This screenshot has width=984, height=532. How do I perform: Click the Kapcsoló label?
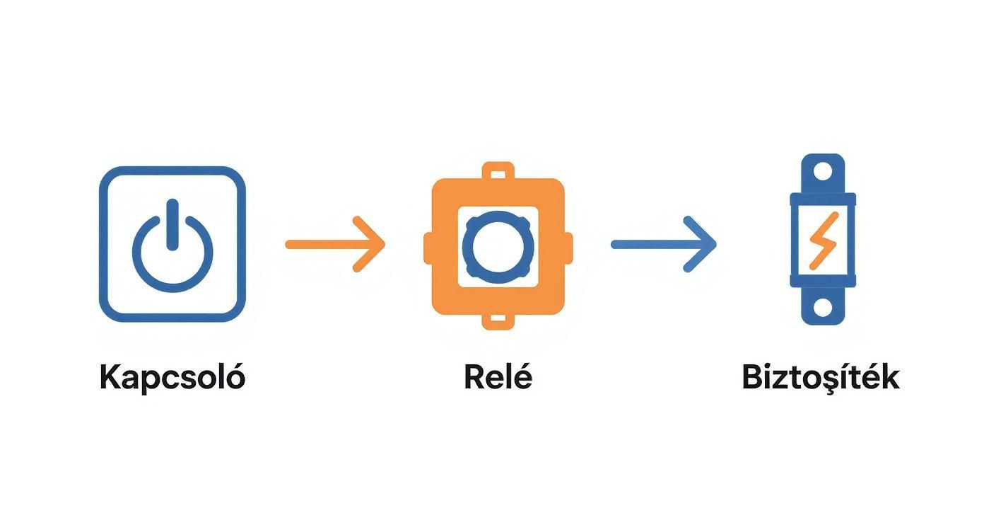tap(172, 376)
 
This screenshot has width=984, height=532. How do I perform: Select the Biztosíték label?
tap(821, 376)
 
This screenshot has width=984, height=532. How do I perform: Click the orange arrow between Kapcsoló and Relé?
tap(336, 244)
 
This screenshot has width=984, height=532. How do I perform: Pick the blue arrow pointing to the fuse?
tap(664, 244)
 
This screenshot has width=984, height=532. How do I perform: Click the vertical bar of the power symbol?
tap(172, 225)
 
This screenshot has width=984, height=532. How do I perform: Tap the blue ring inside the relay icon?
tap(498, 247)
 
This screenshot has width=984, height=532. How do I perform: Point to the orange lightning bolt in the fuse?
tap(824, 241)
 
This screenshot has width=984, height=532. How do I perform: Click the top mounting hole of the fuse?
tap(823, 171)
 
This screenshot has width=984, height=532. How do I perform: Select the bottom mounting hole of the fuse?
tap(823, 308)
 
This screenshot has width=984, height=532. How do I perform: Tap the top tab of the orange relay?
tap(498, 170)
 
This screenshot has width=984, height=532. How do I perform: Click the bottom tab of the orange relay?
tap(498, 321)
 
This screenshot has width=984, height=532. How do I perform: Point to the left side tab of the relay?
tap(428, 248)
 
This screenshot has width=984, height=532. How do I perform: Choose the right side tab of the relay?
tap(568, 248)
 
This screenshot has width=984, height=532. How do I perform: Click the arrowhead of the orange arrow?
tap(370, 244)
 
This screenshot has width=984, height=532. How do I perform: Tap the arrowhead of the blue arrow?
tap(701, 244)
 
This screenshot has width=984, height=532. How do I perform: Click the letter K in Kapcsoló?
tap(111, 376)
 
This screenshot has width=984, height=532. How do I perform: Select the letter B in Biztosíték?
tap(752, 377)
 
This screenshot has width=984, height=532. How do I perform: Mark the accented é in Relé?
tap(522, 375)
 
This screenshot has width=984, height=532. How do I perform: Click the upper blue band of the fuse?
tap(823, 199)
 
